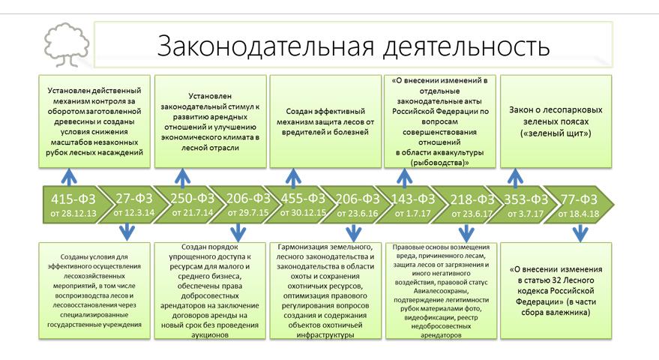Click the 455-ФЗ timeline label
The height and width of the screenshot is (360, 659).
tap(303, 199)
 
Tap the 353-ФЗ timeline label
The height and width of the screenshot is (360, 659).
tap(523, 199)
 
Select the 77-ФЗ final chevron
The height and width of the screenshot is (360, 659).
tap(578, 199)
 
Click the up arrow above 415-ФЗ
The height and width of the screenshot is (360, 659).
tap(69, 177)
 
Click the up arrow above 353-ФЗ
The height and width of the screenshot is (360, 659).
tap(515, 177)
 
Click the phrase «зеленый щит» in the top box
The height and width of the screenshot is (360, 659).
tap(556, 133)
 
